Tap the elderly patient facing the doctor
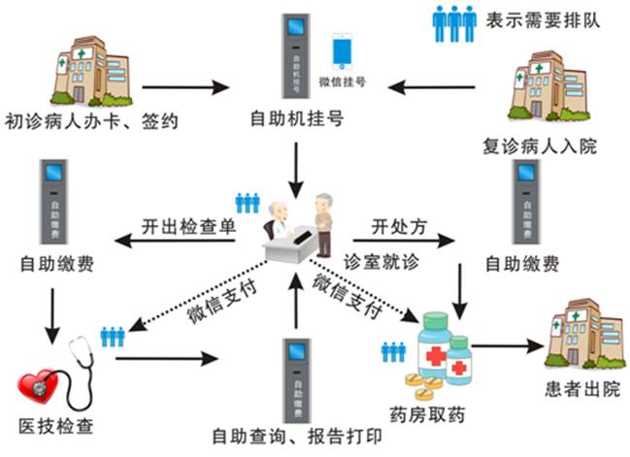click(321, 221)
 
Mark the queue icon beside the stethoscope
click(114, 335)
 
